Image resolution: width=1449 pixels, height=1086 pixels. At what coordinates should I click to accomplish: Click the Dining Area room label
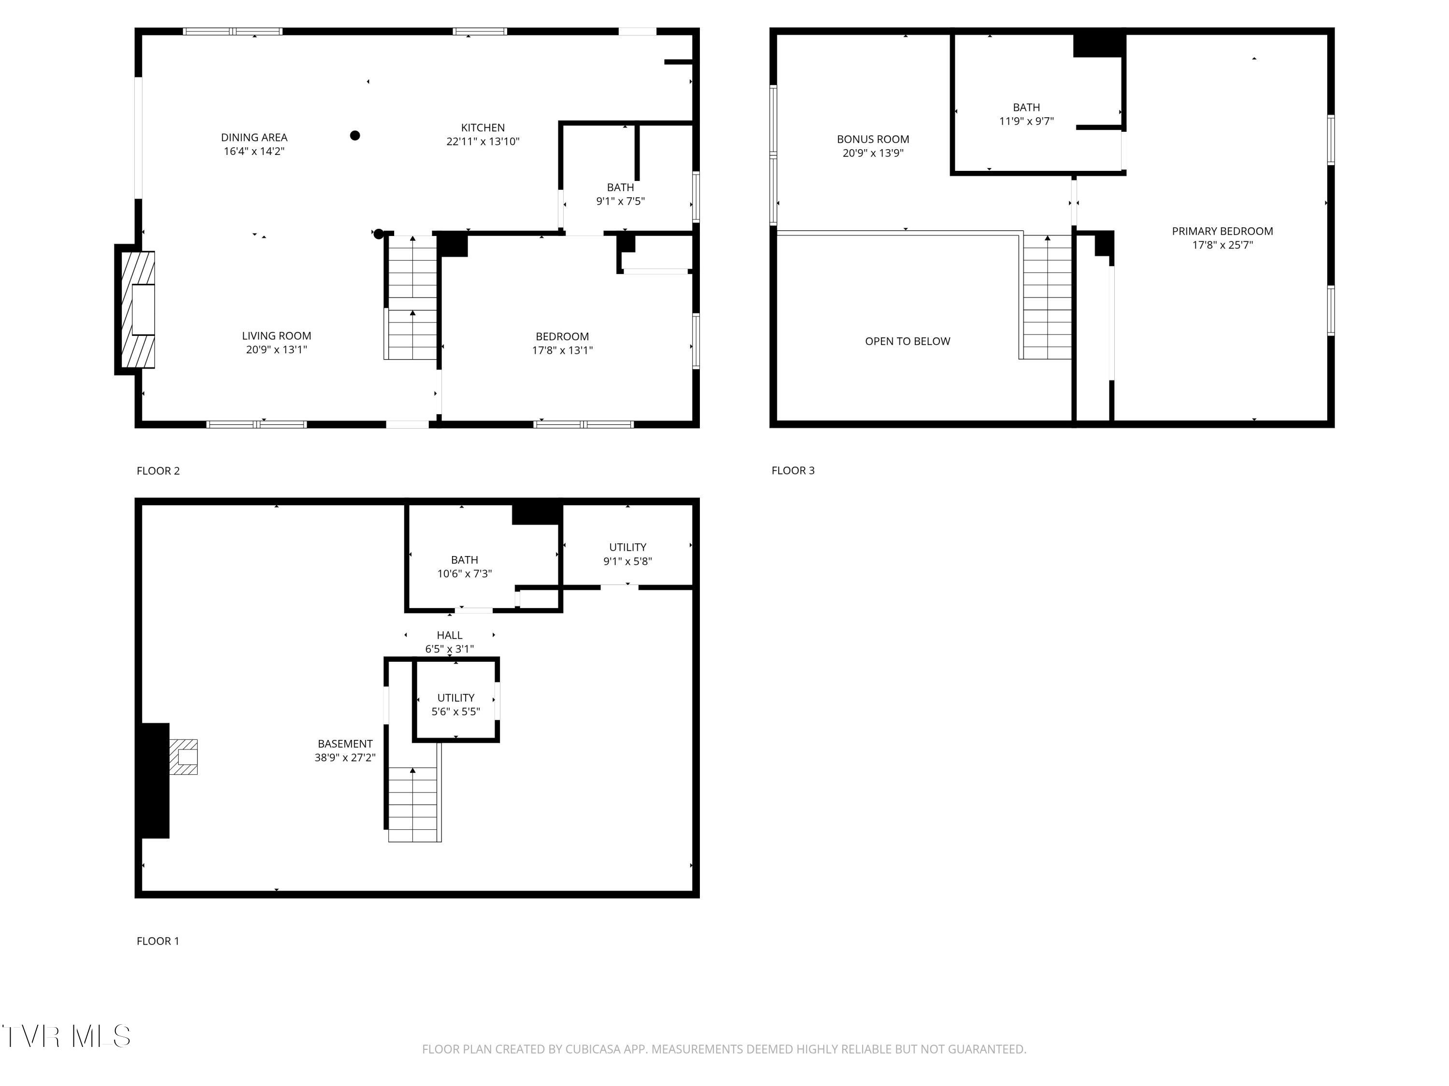[254, 138]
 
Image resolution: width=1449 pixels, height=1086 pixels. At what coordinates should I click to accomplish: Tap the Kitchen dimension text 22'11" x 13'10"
[483, 141]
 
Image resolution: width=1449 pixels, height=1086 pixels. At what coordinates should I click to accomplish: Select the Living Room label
[276, 336]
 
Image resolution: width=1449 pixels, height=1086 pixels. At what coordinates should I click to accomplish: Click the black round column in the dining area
[355, 136]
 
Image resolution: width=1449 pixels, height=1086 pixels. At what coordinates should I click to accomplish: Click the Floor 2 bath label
[620, 188]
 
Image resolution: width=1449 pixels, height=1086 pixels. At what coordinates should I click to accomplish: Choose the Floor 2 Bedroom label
[562, 336]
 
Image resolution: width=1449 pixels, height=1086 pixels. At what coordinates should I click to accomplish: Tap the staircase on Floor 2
[412, 298]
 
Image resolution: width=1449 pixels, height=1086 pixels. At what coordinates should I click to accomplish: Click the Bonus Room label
[873, 139]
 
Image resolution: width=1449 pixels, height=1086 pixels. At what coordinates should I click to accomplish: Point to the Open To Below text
[907, 341]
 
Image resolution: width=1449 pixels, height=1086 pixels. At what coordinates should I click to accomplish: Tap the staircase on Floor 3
[1047, 298]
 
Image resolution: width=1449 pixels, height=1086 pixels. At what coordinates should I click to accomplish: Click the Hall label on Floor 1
[449, 635]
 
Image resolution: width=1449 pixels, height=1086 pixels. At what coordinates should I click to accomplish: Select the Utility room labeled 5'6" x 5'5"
[456, 704]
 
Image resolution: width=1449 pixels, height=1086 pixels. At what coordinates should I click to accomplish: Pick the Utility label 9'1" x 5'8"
[627, 554]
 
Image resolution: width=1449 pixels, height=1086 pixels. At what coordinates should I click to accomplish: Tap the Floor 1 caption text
[158, 941]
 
